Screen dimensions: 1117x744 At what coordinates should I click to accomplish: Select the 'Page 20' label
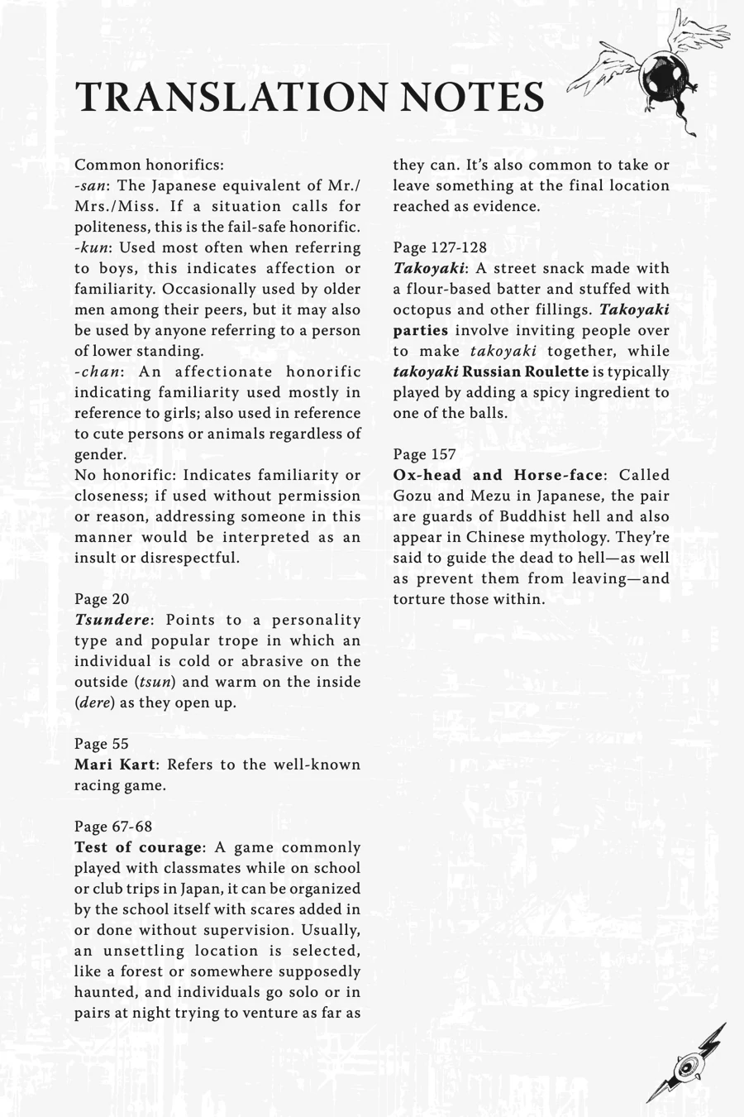(102, 599)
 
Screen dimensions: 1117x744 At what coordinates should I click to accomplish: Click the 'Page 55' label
(102, 744)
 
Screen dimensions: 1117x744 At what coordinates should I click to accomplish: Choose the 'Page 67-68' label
(113, 827)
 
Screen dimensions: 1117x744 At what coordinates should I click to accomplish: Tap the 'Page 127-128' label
(440, 247)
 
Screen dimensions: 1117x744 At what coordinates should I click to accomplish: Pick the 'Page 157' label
(424, 454)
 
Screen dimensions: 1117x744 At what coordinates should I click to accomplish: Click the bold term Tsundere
(112, 620)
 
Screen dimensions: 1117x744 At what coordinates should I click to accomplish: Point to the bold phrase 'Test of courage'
(137, 847)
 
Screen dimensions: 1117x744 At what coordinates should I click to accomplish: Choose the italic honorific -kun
(91, 247)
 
